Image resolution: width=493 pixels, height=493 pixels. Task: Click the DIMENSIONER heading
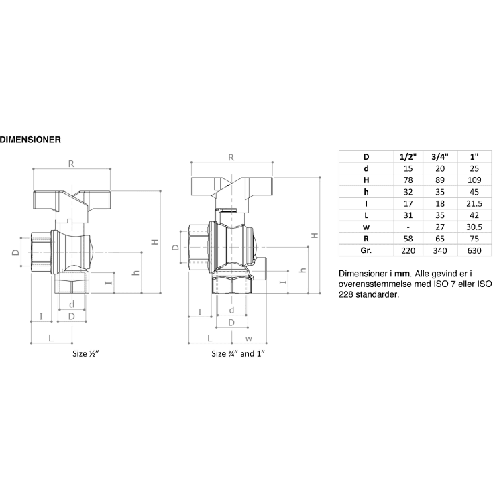pyautogui.click(x=31, y=140)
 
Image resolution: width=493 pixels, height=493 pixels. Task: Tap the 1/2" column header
pyautogui.click(x=406, y=156)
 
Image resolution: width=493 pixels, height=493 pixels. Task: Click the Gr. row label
pyautogui.click(x=366, y=250)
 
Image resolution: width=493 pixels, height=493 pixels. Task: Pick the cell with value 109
pyautogui.click(x=474, y=180)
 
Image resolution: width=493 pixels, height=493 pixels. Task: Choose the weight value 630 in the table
pyautogui.click(x=474, y=250)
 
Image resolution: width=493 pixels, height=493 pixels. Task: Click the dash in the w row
pyautogui.click(x=406, y=226)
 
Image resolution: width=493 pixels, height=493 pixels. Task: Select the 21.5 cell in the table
pyautogui.click(x=474, y=203)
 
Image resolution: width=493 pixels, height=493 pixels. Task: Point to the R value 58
pyautogui.click(x=406, y=237)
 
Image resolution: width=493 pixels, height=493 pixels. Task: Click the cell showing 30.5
pyautogui.click(x=474, y=226)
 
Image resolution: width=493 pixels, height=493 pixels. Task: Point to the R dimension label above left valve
pyautogui.click(x=71, y=163)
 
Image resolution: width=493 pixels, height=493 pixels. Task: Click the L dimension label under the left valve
pyautogui.click(x=52, y=338)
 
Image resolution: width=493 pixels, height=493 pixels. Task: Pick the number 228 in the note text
pyautogui.click(x=349, y=294)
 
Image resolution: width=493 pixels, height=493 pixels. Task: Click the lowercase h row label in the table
pyautogui.click(x=366, y=191)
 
